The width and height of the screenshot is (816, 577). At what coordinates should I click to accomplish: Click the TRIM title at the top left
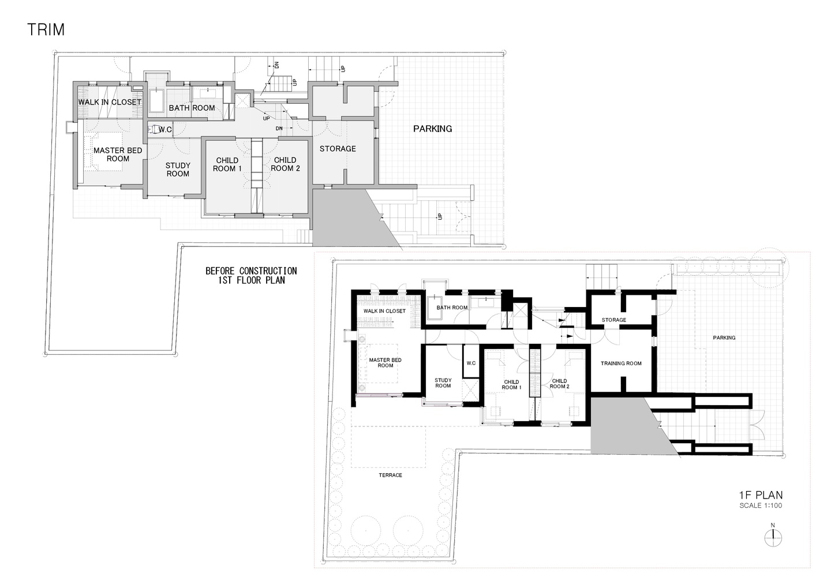(46, 29)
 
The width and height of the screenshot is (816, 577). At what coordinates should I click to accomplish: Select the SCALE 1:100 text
(761, 505)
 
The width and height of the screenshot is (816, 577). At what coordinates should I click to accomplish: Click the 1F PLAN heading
(761, 495)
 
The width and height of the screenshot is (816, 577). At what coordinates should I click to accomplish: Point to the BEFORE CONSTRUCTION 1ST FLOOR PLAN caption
(252, 275)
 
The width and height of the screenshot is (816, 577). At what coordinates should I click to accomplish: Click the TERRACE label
(391, 475)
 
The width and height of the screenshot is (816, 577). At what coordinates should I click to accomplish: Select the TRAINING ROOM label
(621, 363)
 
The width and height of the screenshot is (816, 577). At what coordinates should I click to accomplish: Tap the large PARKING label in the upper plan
(432, 129)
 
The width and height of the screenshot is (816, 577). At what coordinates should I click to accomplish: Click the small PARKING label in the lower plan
(724, 338)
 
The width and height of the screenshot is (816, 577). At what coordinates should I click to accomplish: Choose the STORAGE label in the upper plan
(338, 149)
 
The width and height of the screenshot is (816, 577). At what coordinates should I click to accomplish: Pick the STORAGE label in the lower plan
(614, 320)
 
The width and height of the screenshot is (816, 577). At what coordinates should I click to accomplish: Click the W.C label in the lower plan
(471, 363)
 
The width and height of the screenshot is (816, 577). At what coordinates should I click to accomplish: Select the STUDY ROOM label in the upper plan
(178, 170)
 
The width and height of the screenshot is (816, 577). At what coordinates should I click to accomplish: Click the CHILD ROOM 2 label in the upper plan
(285, 164)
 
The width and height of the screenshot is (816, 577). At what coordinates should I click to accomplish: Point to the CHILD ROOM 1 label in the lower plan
(511, 385)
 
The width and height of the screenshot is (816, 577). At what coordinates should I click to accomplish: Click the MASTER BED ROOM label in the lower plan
(385, 363)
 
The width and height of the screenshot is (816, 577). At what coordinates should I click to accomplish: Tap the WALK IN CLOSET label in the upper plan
(110, 102)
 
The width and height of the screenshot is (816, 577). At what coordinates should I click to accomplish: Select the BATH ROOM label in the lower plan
(452, 308)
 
